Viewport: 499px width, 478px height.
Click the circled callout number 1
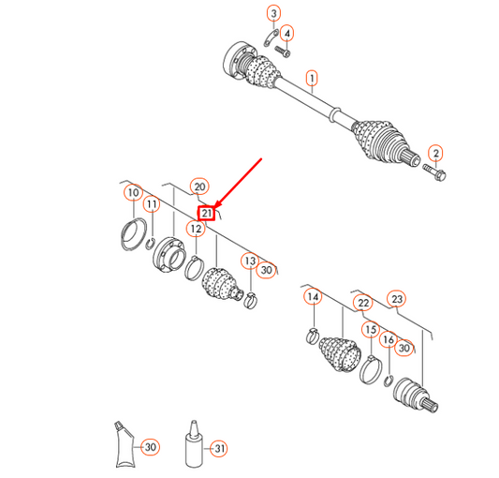(312, 79)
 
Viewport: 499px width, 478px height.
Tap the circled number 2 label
(435, 154)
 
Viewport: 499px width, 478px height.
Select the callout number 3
(273, 13)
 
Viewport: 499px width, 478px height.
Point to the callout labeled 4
(287, 33)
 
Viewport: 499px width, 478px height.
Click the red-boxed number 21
(207, 213)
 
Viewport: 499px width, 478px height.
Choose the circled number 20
(199, 187)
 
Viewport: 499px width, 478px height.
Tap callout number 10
(133, 192)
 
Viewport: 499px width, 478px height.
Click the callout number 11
(152, 204)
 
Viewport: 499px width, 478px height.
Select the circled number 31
(219, 449)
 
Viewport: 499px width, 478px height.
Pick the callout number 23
(397, 299)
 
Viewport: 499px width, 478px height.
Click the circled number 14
(313, 297)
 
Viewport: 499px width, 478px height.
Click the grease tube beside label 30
(125, 444)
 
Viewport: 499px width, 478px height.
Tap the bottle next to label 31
(194, 444)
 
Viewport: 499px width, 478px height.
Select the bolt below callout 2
(434, 172)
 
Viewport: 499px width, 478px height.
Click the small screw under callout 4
(283, 52)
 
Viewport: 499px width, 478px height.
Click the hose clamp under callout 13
(251, 301)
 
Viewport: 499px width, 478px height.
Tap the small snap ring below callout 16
(389, 381)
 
